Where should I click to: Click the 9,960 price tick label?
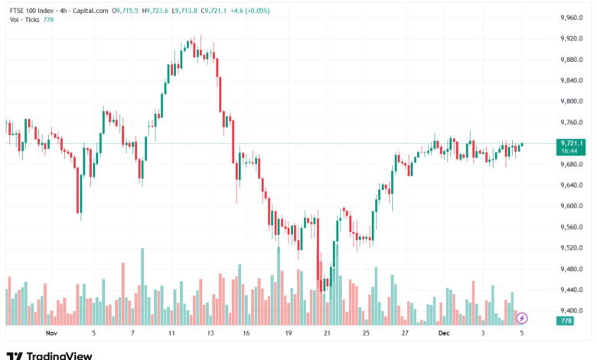573,18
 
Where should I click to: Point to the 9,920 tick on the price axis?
573,38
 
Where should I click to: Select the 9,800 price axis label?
573,101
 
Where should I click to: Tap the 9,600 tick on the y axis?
573,206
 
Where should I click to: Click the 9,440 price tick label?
573,290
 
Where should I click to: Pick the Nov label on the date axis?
51,333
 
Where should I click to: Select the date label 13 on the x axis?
210,333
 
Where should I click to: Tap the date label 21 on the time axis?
327,333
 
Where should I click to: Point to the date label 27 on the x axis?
404,333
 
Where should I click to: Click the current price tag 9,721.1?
573,143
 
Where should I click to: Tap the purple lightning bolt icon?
522,317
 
